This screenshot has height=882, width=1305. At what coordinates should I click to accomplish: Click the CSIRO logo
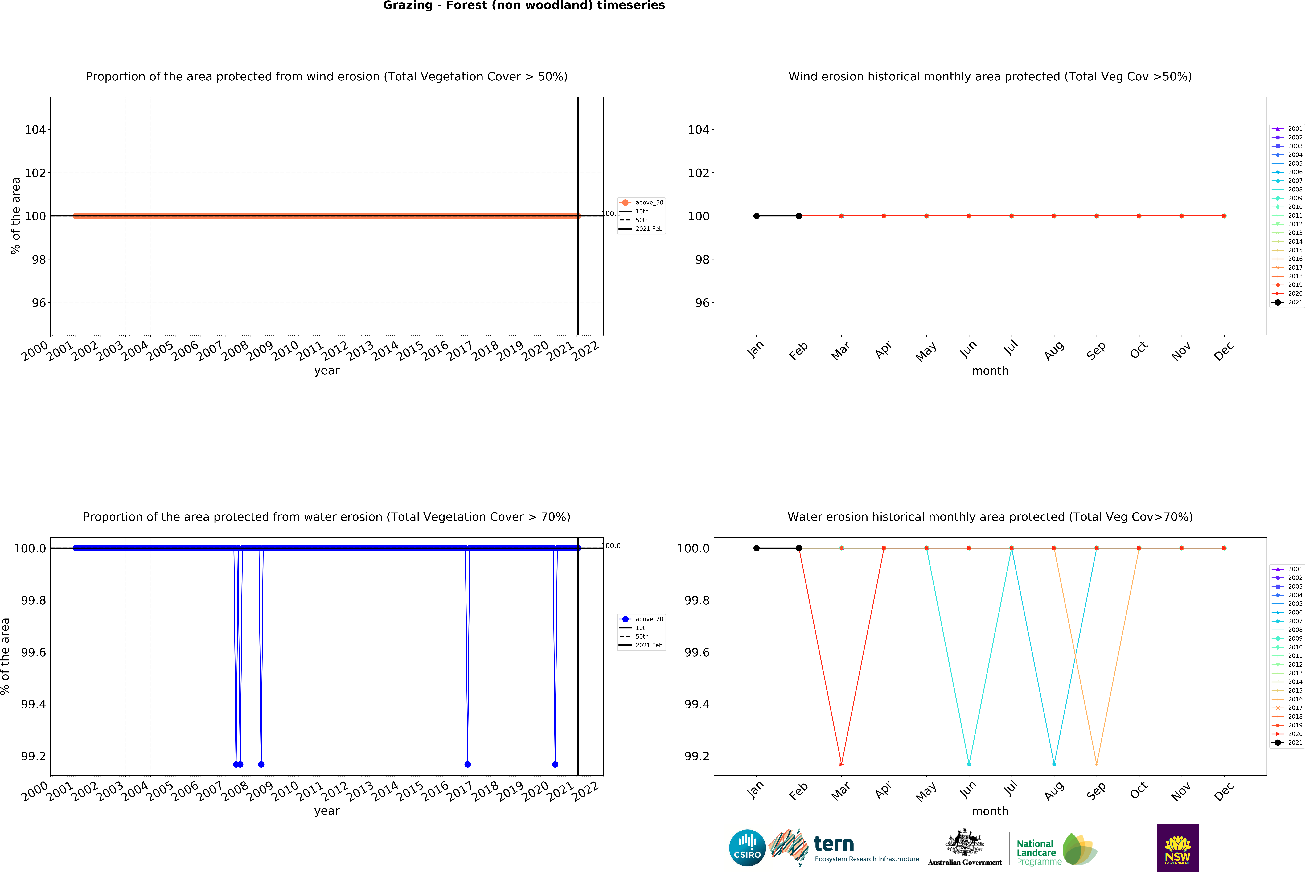747,848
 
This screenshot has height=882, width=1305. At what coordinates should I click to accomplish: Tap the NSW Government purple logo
1178,848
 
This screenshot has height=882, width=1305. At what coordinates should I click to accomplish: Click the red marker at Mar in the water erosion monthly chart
841,764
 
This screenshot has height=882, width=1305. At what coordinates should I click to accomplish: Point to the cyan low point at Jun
969,764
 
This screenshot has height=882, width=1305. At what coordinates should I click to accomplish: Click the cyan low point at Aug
1054,764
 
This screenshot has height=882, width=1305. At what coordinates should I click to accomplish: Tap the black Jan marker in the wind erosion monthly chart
756,216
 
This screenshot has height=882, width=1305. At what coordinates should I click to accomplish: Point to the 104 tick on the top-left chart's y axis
35,130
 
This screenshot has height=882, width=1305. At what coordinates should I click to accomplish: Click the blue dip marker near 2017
467,764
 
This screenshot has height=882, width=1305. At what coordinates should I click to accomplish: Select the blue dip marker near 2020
555,764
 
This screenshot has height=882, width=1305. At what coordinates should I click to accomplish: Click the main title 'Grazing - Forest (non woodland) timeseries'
524,6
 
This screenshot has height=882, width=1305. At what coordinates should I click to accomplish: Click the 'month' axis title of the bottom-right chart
990,811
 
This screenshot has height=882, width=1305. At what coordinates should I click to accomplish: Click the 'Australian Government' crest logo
964,848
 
